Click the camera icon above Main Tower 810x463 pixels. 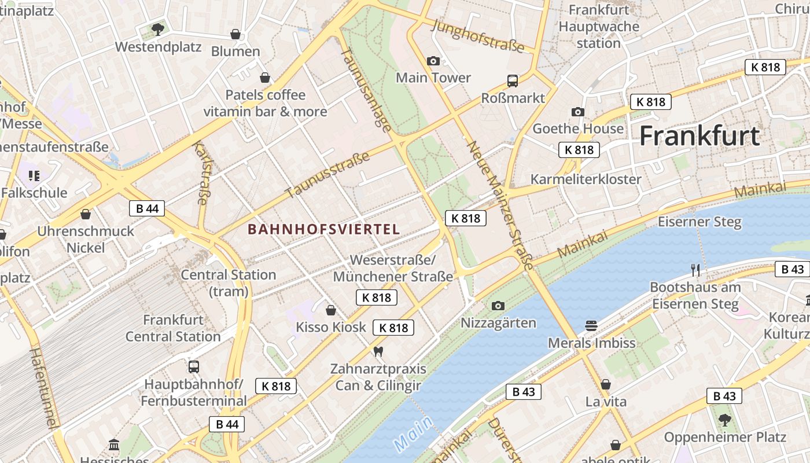point(433,61)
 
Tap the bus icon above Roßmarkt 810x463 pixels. point(512,81)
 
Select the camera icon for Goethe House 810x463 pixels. point(577,112)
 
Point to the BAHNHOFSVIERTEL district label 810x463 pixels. point(324,229)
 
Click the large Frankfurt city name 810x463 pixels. point(699,136)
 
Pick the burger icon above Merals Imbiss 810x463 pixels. point(591,326)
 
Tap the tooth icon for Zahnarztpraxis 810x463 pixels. point(378,351)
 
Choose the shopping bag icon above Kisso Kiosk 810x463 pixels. point(331,311)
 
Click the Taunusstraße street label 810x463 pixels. point(327,175)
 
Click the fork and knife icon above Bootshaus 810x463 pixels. point(695,270)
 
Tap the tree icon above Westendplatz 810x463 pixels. point(157,29)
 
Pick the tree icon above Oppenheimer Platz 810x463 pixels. point(724,420)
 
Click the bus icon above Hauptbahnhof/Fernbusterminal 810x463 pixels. point(194,367)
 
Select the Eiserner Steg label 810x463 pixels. point(699,222)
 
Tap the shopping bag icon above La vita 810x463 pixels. point(606,384)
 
